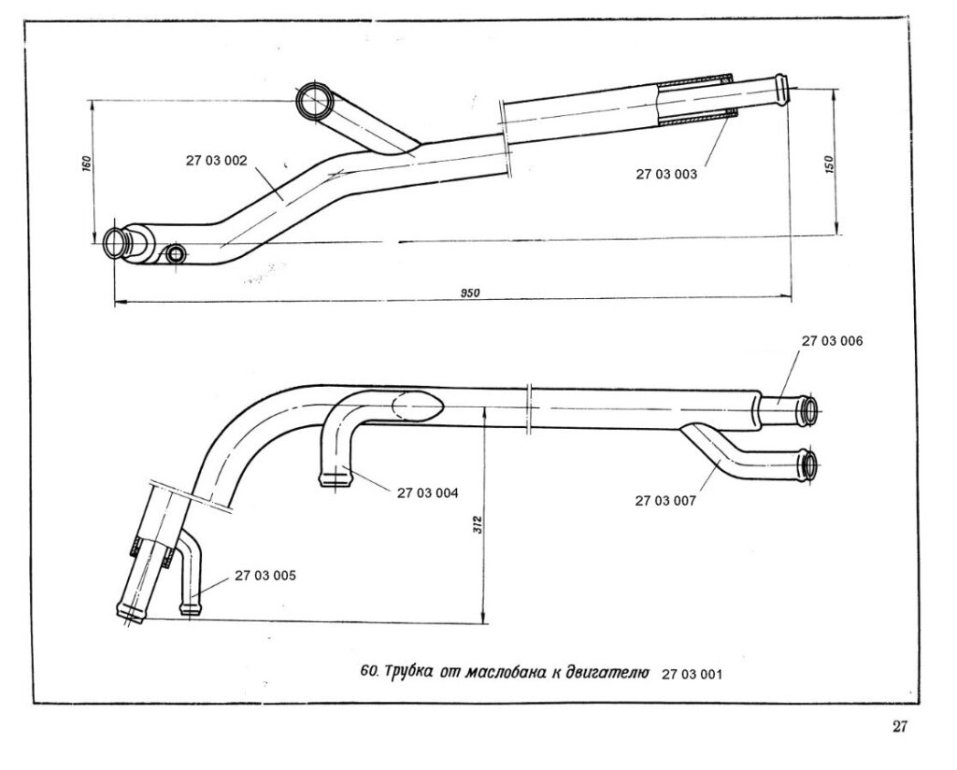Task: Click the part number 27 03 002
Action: pos(216,160)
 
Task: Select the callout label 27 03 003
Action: pos(666,174)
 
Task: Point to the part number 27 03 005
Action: pos(265,576)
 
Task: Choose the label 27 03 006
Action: pos(832,341)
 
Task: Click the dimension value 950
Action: pos(470,293)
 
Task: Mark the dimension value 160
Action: pos(85,164)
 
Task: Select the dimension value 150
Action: pos(829,161)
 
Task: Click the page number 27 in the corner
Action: pos(900,728)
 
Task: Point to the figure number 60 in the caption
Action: pos(367,672)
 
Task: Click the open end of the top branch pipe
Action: pos(312,100)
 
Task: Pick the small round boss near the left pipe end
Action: pos(175,253)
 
